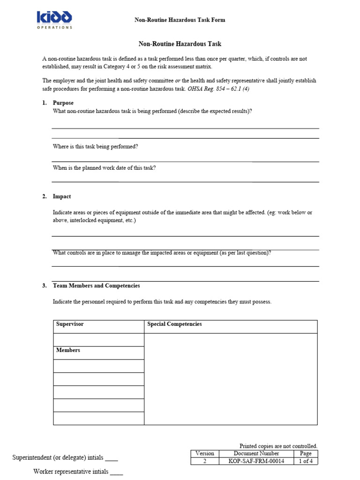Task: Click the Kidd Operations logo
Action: tap(55, 20)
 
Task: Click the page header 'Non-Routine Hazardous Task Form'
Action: tap(180, 20)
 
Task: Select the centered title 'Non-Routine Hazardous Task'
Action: tap(180, 44)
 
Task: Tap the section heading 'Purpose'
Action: tap(63, 103)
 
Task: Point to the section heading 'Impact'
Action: tap(62, 196)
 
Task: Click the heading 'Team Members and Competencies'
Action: tap(96, 285)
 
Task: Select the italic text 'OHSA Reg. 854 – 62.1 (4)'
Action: tap(218, 89)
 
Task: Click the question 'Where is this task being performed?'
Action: tap(95, 147)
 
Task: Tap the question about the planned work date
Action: tap(104, 168)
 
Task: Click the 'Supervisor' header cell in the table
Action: tap(98, 324)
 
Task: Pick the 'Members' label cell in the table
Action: tap(98, 351)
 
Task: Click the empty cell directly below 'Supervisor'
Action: tap(98, 339)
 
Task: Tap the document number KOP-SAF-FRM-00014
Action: tap(256, 461)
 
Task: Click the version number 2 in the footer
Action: tap(204, 461)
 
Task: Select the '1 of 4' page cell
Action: tap(306, 461)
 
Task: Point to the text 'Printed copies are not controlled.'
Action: tap(278, 446)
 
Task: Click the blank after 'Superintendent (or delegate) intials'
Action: tap(112, 459)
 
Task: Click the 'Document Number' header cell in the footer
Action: tap(256, 454)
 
